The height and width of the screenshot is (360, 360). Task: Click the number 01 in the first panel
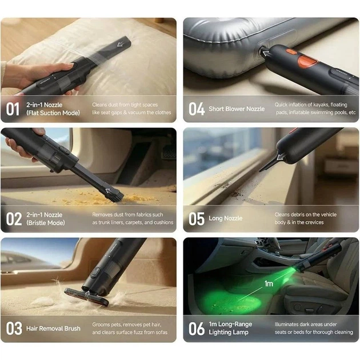click(x=13, y=109)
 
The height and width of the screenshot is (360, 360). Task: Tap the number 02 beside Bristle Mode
click(x=14, y=219)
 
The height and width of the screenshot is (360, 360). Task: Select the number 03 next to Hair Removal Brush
click(x=14, y=329)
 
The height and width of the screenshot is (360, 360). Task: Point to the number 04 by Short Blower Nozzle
click(x=197, y=109)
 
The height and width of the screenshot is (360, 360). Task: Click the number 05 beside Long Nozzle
click(x=197, y=219)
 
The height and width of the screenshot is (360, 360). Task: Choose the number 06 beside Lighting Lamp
click(x=197, y=329)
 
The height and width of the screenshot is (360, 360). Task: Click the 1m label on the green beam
click(x=269, y=284)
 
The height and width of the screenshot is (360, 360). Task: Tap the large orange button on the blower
click(x=307, y=61)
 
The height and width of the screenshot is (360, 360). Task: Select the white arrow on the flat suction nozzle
click(x=121, y=44)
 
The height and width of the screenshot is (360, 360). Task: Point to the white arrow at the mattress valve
click(x=266, y=54)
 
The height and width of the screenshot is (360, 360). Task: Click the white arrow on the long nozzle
click(x=281, y=157)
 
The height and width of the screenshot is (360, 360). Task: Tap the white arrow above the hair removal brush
click(x=87, y=294)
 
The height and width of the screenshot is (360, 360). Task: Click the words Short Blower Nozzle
click(x=237, y=109)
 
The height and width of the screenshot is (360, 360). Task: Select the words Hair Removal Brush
click(x=53, y=329)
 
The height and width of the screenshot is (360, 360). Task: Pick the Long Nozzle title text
click(x=226, y=218)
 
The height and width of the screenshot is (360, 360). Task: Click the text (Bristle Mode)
click(x=46, y=223)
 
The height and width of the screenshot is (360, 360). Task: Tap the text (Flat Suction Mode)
click(x=53, y=113)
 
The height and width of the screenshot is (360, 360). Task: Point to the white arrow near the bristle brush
click(x=109, y=191)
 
